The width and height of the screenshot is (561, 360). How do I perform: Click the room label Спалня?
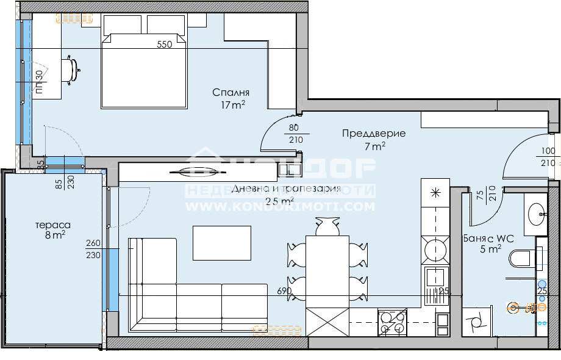[231, 93]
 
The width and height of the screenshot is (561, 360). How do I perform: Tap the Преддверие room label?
[373, 134]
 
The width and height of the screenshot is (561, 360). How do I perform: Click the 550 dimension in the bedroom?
[165, 44]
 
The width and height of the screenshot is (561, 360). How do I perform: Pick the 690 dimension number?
[284, 291]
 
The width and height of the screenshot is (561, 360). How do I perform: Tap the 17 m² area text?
[234, 105]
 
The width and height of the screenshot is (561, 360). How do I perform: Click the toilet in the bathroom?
[521, 259]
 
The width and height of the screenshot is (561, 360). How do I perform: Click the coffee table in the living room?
[222, 242]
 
